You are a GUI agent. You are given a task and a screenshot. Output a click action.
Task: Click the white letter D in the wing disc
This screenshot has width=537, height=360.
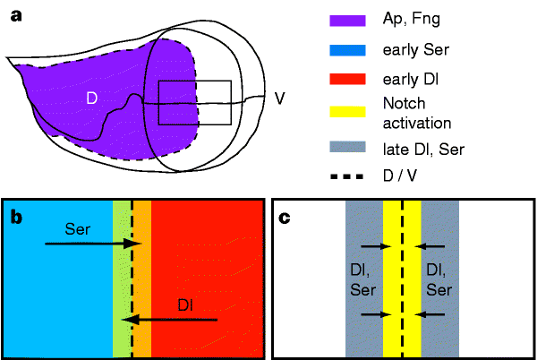pos(91,96)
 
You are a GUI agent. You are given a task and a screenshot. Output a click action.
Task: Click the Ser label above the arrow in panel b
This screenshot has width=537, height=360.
pos(77,229)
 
